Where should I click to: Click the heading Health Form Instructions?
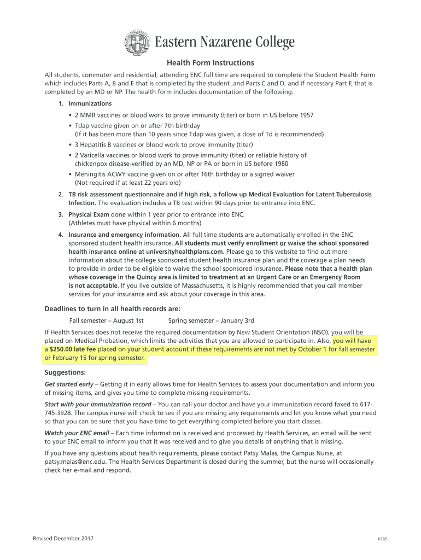[210, 63]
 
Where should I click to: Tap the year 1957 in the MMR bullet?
[306, 115]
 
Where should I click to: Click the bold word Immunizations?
[90, 103]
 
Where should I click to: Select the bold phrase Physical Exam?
[89, 214]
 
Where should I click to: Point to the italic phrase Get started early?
[69, 384]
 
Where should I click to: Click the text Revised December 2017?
[63, 539]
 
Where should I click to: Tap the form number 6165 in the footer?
[382, 539]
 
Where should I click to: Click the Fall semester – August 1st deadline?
[106, 320]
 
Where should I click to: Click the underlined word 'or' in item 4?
[283, 243]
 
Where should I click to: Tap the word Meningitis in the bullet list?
[91, 174]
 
